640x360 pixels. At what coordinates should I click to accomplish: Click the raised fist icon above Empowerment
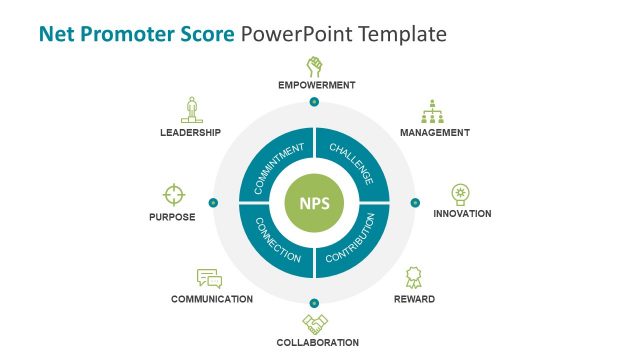tap(315, 67)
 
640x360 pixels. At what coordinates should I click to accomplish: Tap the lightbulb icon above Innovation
tap(461, 193)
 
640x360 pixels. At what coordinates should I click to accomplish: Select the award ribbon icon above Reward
tap(413, 277)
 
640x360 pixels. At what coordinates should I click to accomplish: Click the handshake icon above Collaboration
tap(315, 323)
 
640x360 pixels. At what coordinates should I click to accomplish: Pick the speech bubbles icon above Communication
tap(209, 279)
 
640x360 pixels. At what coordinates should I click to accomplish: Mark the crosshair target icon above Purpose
tap(174, 193)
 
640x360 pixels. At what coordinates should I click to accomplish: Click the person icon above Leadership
tap(190, 109)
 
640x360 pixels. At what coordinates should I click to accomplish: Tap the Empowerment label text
tap(316, 86)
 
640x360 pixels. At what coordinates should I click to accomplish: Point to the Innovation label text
tap(462, 214)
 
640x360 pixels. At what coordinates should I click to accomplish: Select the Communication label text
tap(211, 299)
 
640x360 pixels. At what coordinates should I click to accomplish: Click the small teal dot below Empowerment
tap(314, 102)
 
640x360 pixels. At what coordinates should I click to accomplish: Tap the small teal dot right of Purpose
tap(213, 202)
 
